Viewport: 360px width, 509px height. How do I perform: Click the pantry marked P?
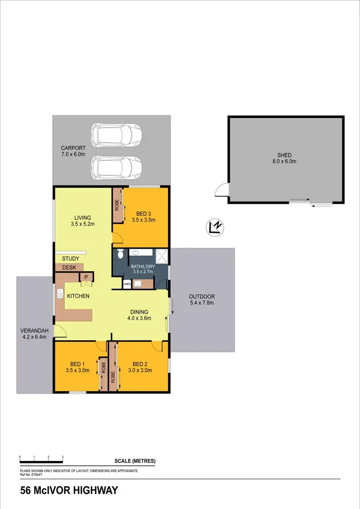86,277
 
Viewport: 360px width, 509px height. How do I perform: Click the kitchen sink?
60,297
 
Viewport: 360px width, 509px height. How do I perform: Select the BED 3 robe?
116,205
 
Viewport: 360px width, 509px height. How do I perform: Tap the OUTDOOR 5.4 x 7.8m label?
202,300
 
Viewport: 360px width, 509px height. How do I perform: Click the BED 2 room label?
142,364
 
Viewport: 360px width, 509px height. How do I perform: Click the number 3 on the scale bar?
63,457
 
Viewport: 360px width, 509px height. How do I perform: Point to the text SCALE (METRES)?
135,461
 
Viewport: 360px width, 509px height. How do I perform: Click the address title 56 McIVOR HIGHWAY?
69,491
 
